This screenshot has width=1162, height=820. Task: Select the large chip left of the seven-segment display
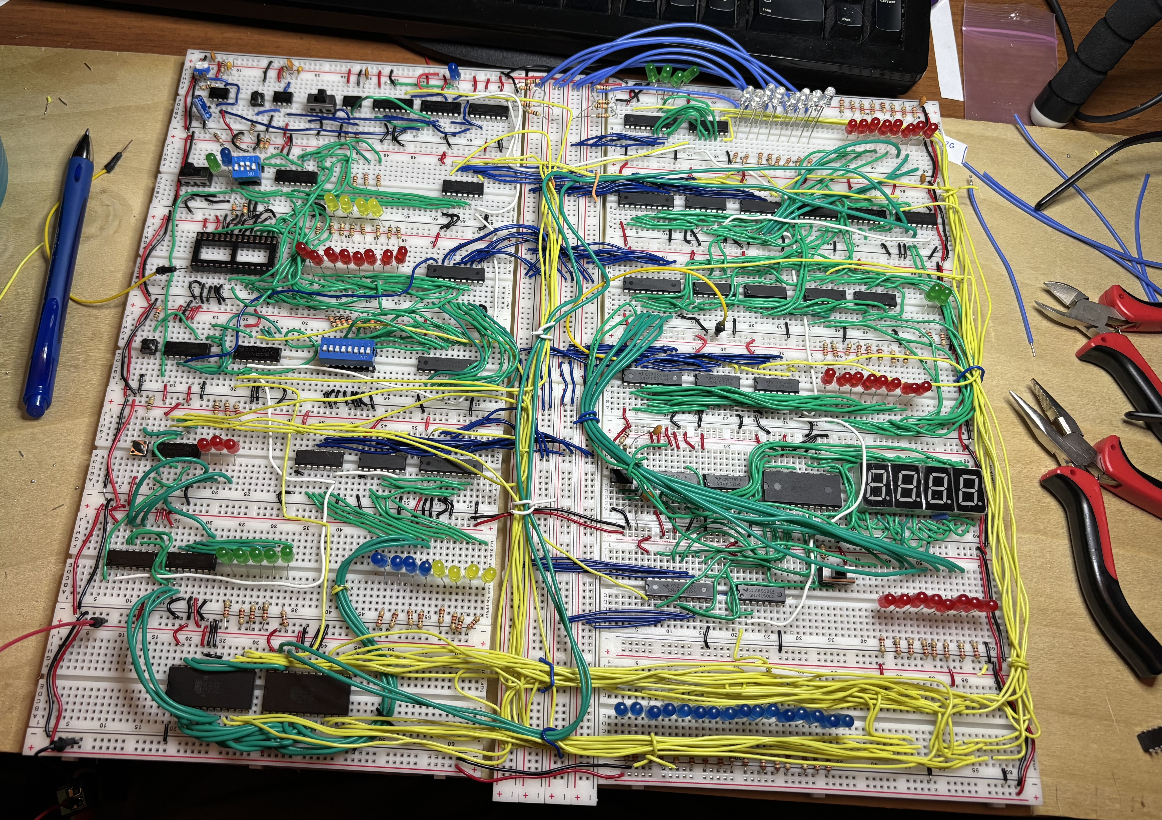802,488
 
